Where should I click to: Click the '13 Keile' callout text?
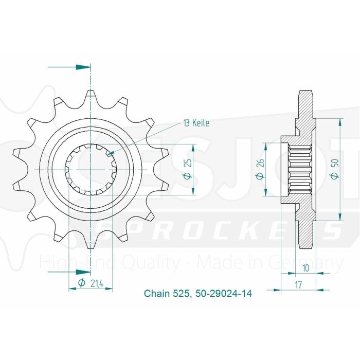tap(196, 123)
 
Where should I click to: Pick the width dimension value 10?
tap(305, 268)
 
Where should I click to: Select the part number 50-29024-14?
tap(224, 294)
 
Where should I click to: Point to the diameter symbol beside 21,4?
tap(81, 282)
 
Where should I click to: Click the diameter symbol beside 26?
tap(260, 176)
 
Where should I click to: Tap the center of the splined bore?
tap(91, 169)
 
